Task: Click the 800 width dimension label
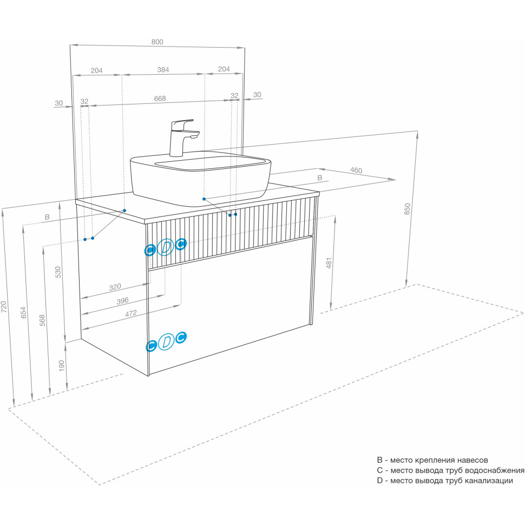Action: click(x=157, y=42)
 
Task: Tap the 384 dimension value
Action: click(x=163, y=69)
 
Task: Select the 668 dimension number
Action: click(x=160, y=99)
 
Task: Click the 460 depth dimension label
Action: click(x=356, y=170)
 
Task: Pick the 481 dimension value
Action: click(x=329, y=263)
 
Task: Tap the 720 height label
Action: click(x=5, y=307)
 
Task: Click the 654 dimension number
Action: click(x=23, y=312)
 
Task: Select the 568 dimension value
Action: click(x=42, y=321)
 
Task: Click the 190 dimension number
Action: click(x=61, y=366)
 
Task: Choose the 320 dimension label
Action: click(x=115, y=287)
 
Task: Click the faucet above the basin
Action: click(x=181, y=137)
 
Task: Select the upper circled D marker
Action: click(x=166, y=247)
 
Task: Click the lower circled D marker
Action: click(x=166, y=342)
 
